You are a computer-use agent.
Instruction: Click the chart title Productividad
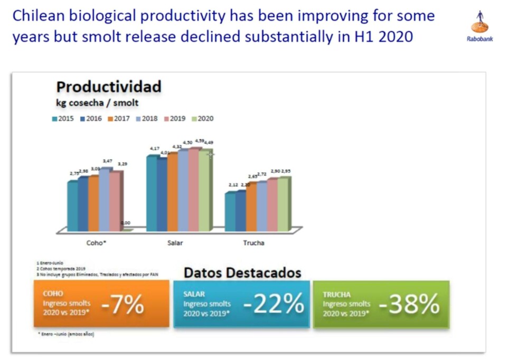(x=108, y=87)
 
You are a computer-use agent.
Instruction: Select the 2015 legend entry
(x=63, y=119)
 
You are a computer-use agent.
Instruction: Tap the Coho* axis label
(x=97, y=243)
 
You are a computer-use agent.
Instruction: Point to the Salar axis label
(x=175, y=243)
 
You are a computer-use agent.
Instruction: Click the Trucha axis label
(x=253, y=243)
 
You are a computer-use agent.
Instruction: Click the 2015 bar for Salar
(x=152, y=193)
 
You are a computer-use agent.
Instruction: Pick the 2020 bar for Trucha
(x=283, y=204)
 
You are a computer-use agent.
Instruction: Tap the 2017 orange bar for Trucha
(x=251, y=207)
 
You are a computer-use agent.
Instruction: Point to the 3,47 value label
(x=107, y=160)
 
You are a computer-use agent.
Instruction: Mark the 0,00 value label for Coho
(x=126, y=223)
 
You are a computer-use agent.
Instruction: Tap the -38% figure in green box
(x=409, y=305)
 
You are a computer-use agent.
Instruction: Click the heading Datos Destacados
(x=242, y=273)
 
